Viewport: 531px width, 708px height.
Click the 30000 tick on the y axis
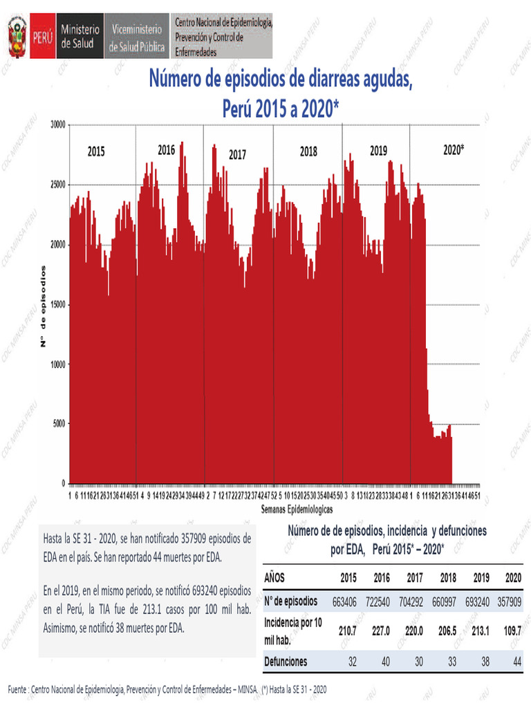click(56, 125)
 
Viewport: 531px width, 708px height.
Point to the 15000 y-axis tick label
click(56, 304)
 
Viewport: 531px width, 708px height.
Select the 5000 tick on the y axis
click(58, 424)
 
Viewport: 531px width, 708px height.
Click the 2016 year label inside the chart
click(167, 149)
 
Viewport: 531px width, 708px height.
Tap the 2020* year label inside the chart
click(454, 149)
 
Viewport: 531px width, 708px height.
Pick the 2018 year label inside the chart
click(308, 151)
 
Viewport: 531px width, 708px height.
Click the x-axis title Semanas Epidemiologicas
click(297, 508)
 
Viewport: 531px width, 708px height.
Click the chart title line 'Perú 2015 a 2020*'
click(281, 109)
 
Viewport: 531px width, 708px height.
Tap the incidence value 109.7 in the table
click(512, 631)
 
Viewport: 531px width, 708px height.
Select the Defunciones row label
click(286, 662)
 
